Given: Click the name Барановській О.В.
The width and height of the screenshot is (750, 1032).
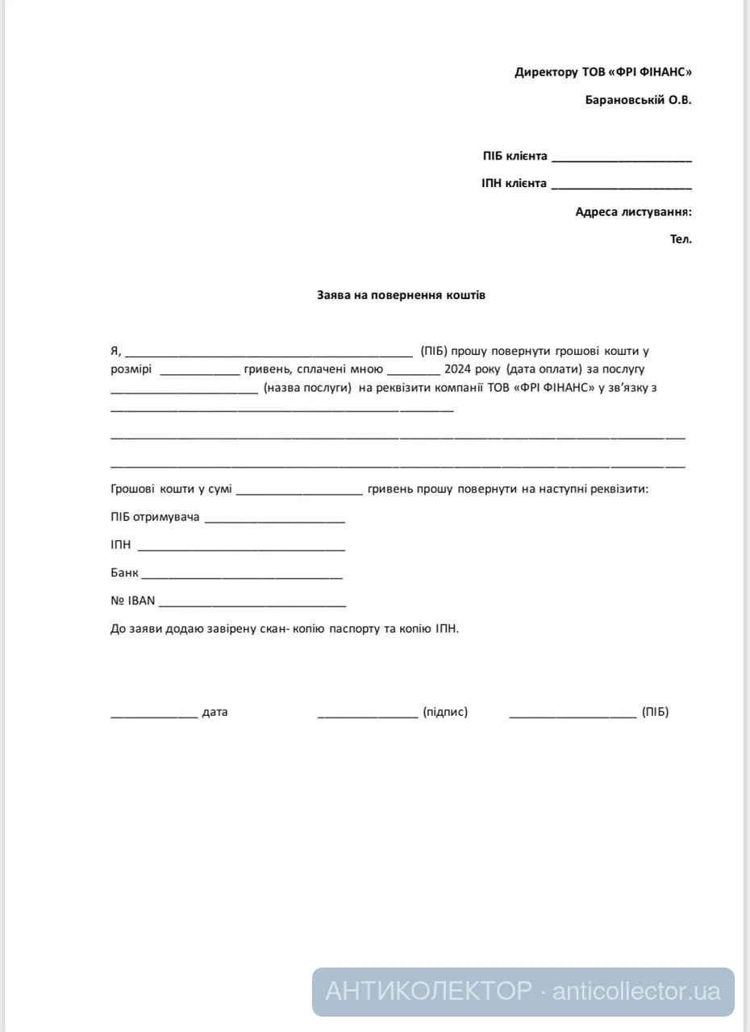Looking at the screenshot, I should tap(638, 100).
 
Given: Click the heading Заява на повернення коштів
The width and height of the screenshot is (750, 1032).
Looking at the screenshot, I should tap(401, 295).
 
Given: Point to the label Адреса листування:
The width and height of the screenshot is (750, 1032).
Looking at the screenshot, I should tap(633, 212).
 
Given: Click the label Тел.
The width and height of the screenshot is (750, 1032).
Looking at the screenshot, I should tap(681, 239).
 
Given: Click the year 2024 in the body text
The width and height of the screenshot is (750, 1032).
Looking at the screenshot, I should tap(446, 369).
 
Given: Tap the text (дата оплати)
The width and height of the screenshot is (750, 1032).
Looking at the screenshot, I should tap(544, 369).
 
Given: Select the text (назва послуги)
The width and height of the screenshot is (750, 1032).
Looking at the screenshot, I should tap(307, 388).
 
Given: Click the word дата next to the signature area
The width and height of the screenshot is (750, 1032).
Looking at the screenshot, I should tap(215, 712).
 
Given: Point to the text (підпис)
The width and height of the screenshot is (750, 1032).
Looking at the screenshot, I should tap(445, 712).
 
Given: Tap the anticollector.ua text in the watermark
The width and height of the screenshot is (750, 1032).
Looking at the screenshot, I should tap(636, 991).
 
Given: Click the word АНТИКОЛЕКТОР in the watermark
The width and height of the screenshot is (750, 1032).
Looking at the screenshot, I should tap(428, 991).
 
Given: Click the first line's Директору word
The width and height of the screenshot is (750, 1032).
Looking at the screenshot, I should tap(546, 72).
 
